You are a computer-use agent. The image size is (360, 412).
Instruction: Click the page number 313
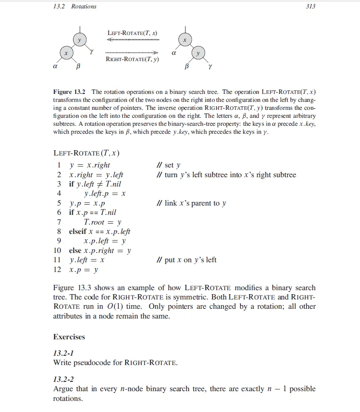[310, 6]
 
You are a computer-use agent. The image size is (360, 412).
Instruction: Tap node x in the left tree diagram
[66, 53]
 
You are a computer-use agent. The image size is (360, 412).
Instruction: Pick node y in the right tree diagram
[198, 53]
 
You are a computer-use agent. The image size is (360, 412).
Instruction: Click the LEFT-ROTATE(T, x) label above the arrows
[132, 33]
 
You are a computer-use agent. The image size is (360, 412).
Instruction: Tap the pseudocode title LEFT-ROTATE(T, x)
[86, 153]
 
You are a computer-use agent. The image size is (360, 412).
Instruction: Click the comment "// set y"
[169, 165]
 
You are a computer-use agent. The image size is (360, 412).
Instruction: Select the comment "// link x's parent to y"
[192, 203]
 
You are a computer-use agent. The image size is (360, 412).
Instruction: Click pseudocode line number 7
[59, 222]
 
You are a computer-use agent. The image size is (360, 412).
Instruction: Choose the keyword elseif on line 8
[78, 232]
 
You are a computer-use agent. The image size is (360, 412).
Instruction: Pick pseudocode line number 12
[58, 269]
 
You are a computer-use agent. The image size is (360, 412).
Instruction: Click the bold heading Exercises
[69, 337]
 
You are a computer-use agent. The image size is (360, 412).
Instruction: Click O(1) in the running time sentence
[113, 307]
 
